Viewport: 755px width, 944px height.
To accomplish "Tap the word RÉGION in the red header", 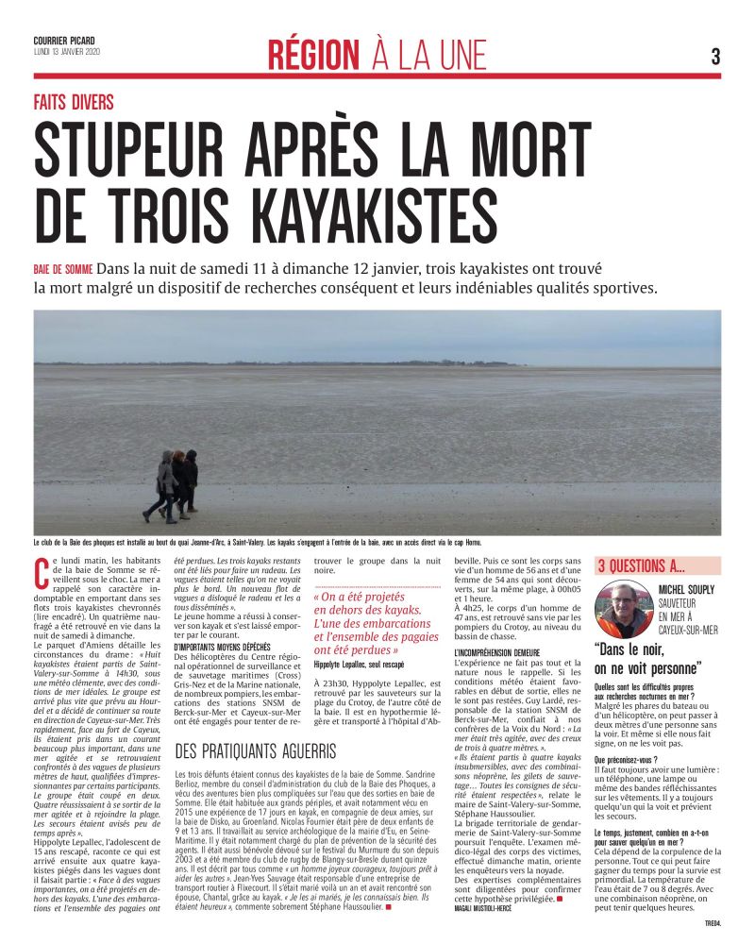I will [313, 55].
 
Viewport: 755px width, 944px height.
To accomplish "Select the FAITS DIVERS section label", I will [74, 101].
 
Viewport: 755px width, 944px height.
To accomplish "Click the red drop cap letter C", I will [41, 570].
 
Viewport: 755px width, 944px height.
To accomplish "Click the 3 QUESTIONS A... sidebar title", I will [642, 566].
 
